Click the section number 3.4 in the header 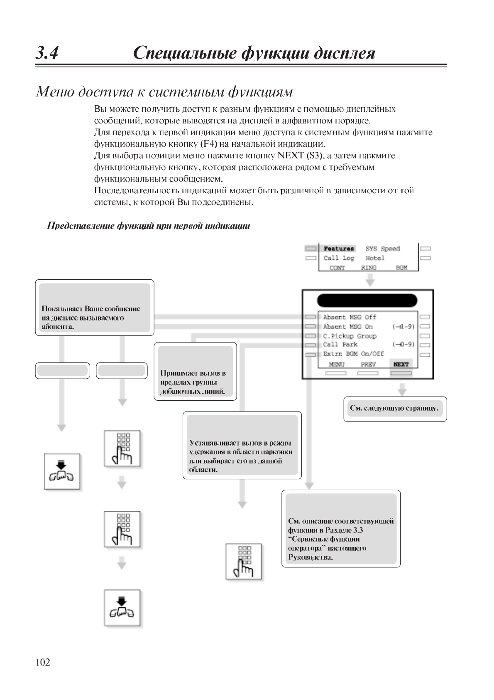(47, 53)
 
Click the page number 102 (43, 663)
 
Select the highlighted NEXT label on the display (401, 365)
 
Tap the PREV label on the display (368, 365)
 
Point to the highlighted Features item (339, 249)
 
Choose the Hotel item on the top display (375, 258)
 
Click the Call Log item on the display (339, 258)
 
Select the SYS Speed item (382, 249)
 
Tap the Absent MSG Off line (350, 317)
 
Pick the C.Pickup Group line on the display (350, 336)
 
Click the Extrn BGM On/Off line (353, 354)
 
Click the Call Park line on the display (340, 345)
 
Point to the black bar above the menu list (367, 301)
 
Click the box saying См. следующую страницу (395, 409)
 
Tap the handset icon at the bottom (122, 608)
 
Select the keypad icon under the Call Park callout (244, 561)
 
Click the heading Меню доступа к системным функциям (164, 91)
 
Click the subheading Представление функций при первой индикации (148, 226)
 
